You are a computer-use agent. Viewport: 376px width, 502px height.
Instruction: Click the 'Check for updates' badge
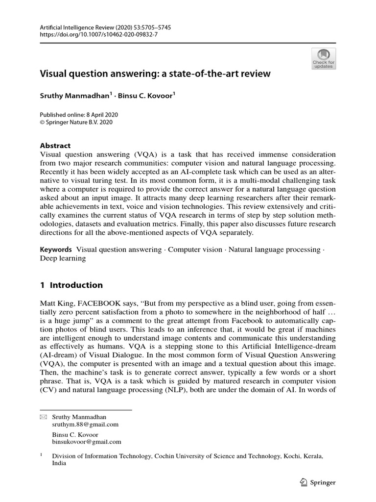click(323, 59)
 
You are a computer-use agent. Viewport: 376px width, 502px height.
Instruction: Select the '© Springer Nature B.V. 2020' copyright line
click(76, 123)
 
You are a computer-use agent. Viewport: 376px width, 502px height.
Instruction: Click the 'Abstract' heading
click(55, 146)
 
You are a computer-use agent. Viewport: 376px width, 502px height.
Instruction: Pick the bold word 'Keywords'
click(56, 250)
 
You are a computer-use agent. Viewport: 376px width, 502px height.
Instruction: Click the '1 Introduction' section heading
click(71, 285)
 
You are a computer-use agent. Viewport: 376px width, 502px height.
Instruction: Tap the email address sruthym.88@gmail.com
click(85, 425)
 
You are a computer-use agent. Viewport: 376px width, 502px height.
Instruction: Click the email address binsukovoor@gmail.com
click(86, 442)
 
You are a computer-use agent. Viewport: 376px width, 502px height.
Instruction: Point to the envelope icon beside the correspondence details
click(43, 417)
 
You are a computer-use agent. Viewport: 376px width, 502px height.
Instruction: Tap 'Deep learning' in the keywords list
click(63, 258)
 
